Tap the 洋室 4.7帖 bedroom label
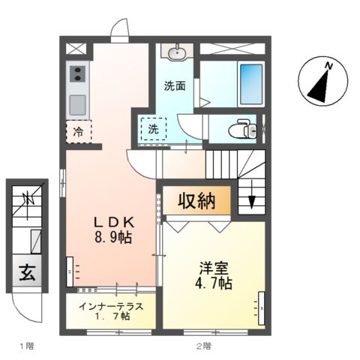214,275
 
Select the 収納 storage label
196,201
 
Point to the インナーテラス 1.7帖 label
111,310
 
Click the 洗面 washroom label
175,85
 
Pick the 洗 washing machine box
153,129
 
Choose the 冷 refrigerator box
79,132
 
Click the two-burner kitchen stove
78,74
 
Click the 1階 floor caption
26,346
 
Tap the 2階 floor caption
203,346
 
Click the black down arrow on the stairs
253,202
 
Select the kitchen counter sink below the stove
79,103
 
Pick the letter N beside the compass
328,66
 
